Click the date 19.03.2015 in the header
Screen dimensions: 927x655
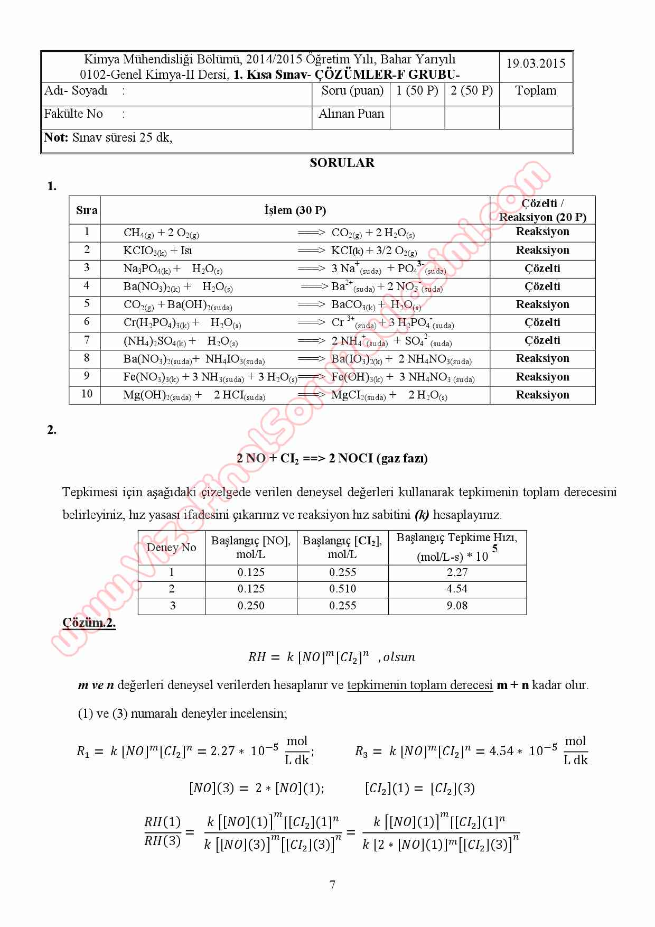pos(536,63)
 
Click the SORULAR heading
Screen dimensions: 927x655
pos(342,163)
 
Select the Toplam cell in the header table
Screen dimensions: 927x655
pos(536,91)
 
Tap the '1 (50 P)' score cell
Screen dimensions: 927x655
pos(417,91)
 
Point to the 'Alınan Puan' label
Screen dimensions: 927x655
pos(351,114)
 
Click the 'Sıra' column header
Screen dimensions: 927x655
pos(87,210)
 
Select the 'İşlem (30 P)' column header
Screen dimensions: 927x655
pos(295,210)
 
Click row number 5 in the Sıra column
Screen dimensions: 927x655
pos(87,304)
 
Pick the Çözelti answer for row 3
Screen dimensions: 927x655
pos(542,268)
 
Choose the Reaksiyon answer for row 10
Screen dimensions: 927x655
pos(542,395)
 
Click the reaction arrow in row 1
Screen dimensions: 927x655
pos(311,233)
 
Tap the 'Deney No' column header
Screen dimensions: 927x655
pos(171,548)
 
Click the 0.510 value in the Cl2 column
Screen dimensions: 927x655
pos(342,589)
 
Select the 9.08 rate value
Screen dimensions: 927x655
pos(457,606)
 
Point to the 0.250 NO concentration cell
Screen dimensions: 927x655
pos(251,606)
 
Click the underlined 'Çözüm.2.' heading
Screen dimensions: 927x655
pos(89,623)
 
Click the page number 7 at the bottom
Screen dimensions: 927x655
pos(332,885)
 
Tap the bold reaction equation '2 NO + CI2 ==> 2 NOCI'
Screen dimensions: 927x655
pos(332,458)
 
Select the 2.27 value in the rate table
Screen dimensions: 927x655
pos(457,572)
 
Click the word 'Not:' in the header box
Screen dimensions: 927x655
pos(56,138)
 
